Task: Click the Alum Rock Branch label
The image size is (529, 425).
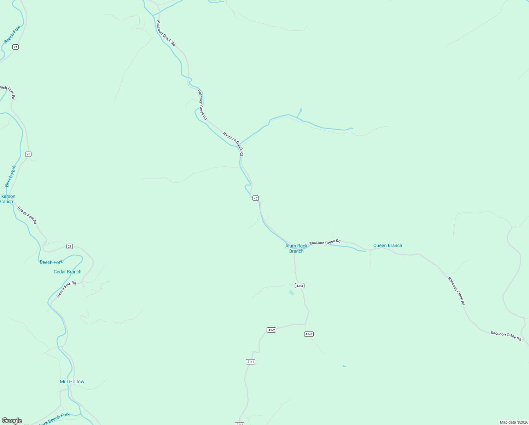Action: click(x=296, y=248)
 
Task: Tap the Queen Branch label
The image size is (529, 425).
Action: click(x=388, y=245)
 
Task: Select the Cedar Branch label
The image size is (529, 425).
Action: click(x=68, y=272)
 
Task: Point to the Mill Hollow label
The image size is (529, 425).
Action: click(x=72, y=381)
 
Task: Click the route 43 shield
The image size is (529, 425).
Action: click(x=256, y=198)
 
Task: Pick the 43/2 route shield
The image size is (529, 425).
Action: click(x=271, y=330)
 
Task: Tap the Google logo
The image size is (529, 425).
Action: click(x=12, y=421)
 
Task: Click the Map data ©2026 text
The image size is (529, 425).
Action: click(x=513, y=422)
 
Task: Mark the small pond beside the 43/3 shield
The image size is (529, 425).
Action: click(x=291, y=293)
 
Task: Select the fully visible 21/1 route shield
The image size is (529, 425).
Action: click(x=250, y=362)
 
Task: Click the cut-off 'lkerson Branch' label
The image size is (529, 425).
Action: click(x=7, y=199)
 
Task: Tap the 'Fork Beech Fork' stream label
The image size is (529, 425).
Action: click(x=54, y=419)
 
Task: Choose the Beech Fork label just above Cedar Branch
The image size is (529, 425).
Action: click(x=51, y=262)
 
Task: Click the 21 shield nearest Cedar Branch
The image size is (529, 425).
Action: click(x=69, y=246)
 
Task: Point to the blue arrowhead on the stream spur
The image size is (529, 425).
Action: click(x=301, y=109)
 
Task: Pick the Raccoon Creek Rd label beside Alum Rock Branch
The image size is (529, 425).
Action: click(x=325, y=242)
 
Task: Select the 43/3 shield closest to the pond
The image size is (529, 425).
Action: click(x=300, y=286)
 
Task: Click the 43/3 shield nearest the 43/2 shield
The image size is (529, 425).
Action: click(x=309, y=334)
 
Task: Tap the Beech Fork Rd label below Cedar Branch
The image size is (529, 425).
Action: click(x=66, y=289)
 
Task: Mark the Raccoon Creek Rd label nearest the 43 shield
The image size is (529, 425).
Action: click(x=233, y=144)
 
